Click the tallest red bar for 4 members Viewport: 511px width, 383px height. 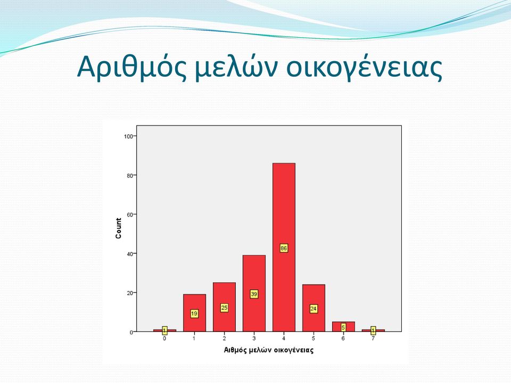click(x=284, y=247)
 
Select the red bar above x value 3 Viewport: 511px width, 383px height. click(x=254, y=293)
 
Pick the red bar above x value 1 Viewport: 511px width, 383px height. click(x=194, y=313)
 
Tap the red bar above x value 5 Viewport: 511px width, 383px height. click(x=314, y=308)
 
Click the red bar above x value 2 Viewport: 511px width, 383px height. click(x=224, y=307)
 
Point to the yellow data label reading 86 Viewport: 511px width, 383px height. click(x=284, y=248)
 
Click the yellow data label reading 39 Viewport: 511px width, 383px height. click(x=254, y=294)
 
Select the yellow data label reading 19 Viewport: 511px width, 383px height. click(x=194, y=314)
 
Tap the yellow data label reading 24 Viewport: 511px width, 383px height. click(x=314, y=309)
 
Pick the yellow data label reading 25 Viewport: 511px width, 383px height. click(x=224, y=308)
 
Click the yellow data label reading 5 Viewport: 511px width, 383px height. click(x=343, y=327)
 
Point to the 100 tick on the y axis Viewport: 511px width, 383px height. click(x=128, y=136)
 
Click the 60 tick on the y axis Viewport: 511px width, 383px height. click(x=130, y=214)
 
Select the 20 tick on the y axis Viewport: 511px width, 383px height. click(x=130, y=293)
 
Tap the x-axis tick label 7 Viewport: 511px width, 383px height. click(x=373, y=338)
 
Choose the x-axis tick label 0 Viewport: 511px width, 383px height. click(x=164, y=338)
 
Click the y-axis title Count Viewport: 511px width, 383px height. click(x=118, y=228)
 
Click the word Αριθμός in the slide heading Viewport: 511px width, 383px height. click(x=132, y=67)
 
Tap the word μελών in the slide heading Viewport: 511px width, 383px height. click(x=237, y=67)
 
